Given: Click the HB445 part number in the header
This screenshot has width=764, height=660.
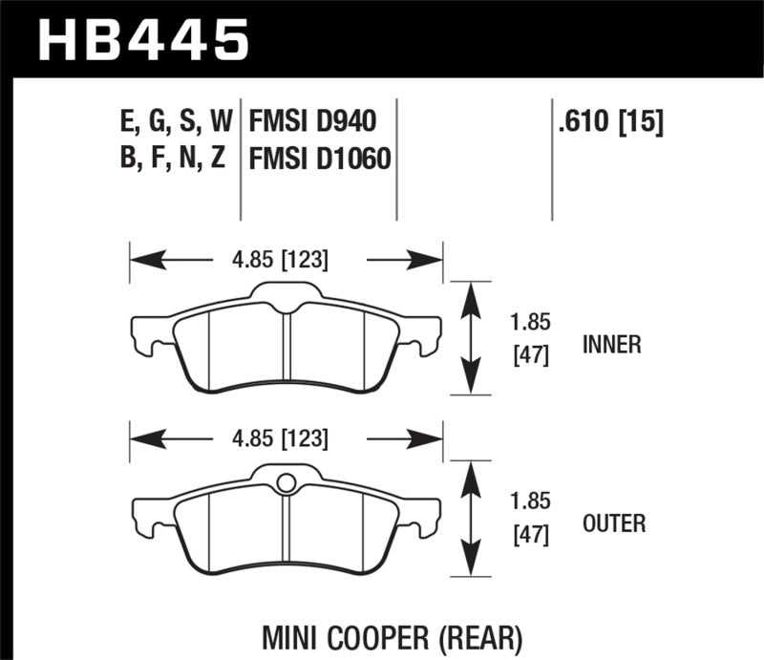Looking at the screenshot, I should [142, 39].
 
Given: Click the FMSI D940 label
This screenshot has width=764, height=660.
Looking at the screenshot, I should [311, 121].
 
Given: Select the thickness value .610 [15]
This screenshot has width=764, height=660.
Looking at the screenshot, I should [607, 121].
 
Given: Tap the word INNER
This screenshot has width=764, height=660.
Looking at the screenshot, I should [610, 345].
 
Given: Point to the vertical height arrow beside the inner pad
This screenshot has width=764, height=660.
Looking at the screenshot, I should [469, 337].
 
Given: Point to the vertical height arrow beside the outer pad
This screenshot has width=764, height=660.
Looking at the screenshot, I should [469, 518].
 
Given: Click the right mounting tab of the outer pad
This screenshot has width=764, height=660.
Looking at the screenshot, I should [428, 515].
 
